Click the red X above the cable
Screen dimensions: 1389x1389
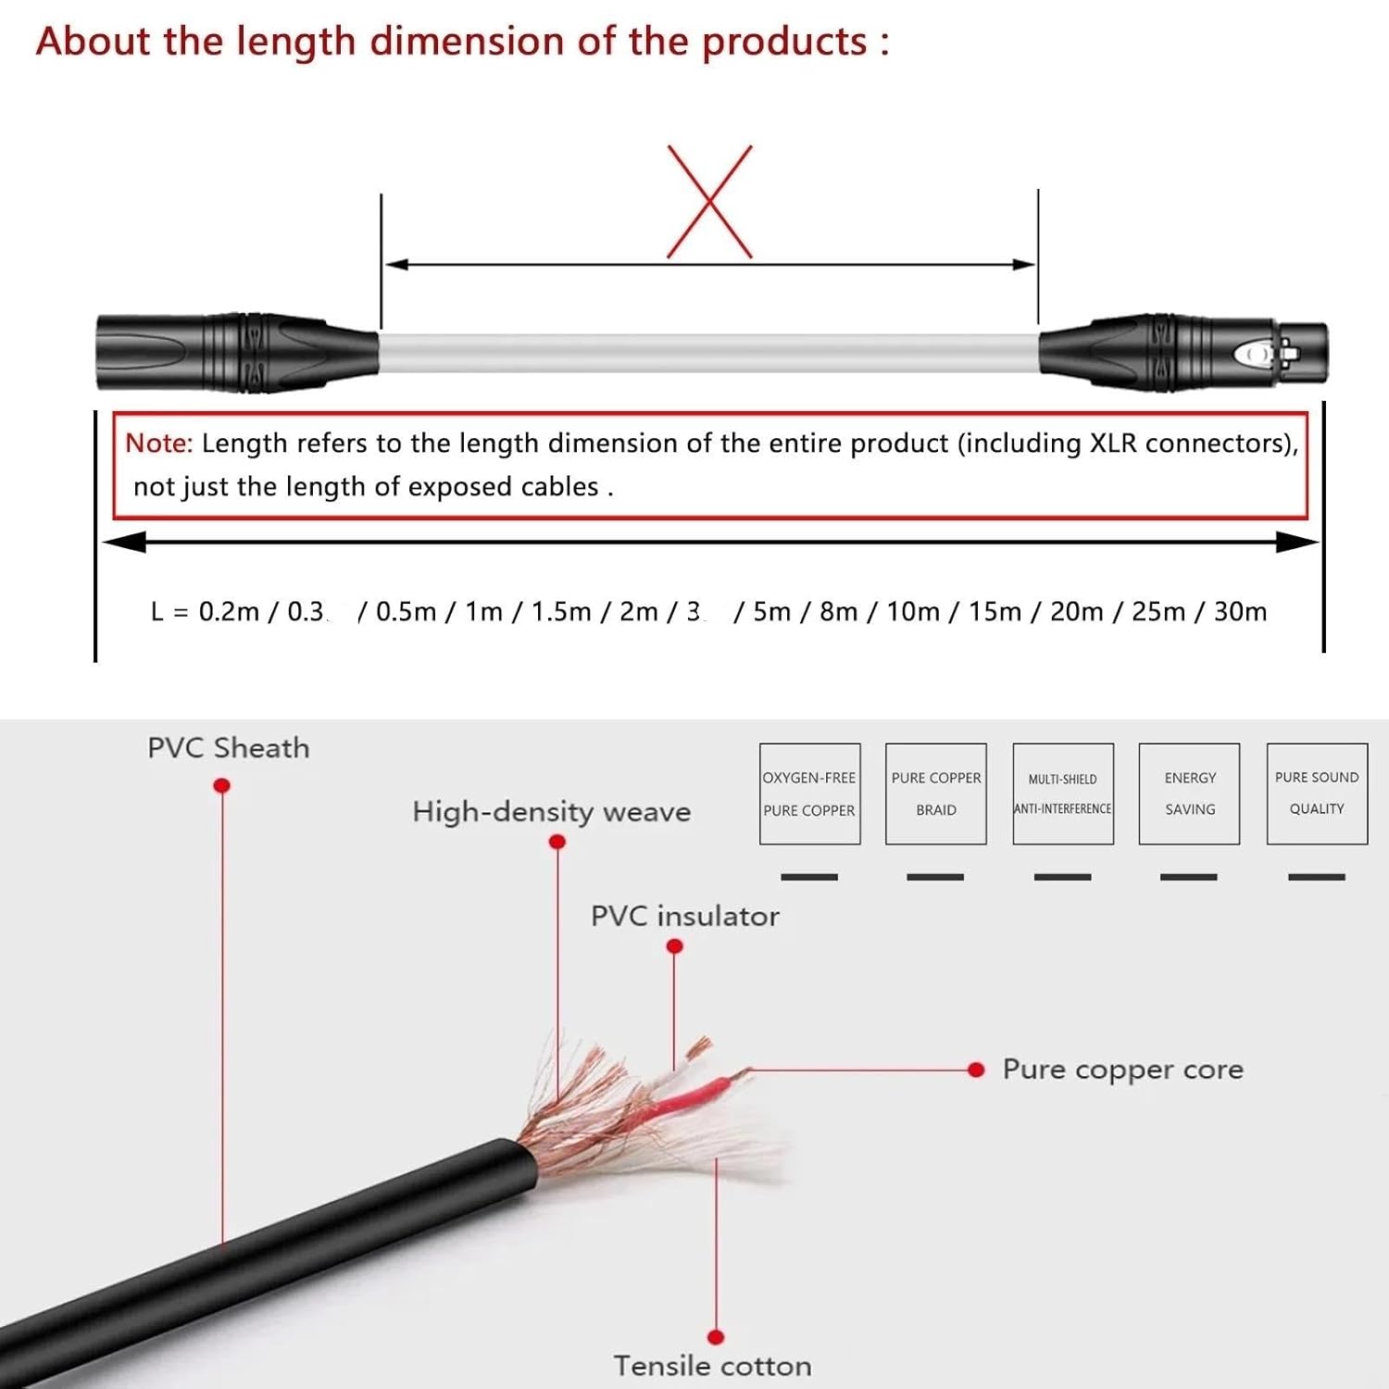click(709, 201)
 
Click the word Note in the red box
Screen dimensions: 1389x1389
click(158, 444)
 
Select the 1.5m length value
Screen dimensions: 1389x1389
click(560, 612)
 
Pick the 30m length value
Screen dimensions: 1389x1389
click(1240, 612)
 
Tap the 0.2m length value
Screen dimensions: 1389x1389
click(229, 612)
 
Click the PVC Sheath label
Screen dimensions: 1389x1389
click(228, 748)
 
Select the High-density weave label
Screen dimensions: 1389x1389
click(552, 812)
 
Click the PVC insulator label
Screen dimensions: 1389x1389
click(684, 917)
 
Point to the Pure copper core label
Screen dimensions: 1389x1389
click(1122, 1070)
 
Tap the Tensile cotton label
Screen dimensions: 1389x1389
click(712, 1366)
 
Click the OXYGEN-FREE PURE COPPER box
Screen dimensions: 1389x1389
click(809, 794)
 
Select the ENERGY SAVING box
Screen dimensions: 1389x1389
click(1189, 794)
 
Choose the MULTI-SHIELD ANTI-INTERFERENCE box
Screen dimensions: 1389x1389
click(1063, 794)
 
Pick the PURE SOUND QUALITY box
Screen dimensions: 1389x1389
click(1317, 794)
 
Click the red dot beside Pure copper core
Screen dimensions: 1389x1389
click(976, 1070)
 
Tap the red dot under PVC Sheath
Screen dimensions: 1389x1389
click(222, 786)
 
